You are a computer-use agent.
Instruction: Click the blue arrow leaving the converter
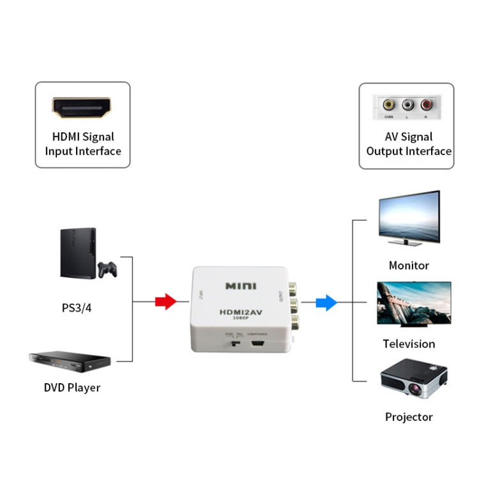click(x=326, y=301)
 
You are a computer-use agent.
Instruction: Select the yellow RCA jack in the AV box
click(x=387, y=105)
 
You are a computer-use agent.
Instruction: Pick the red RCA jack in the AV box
click(x=427, y=105)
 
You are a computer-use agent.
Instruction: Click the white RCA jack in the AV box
click(x=407, y=105)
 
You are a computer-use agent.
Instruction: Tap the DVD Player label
click(x=72, y=387)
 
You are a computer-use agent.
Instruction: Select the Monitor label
click(x=409, y=265)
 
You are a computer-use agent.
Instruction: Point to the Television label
click(x=409, y=344)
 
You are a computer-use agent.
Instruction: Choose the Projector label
click(x=409, y=417)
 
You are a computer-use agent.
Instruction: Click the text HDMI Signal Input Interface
click(x=82, y=144)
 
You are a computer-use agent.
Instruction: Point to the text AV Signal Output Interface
click(x=409, y=144)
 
